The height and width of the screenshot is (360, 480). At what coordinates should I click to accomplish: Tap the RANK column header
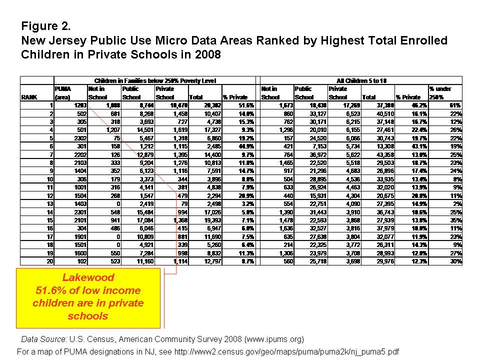tap(27, 97)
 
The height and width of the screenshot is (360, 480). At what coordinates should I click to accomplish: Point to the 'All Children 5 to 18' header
tap(360, 80)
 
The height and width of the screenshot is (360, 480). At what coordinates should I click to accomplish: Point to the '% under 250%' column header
tap(440, 93)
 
